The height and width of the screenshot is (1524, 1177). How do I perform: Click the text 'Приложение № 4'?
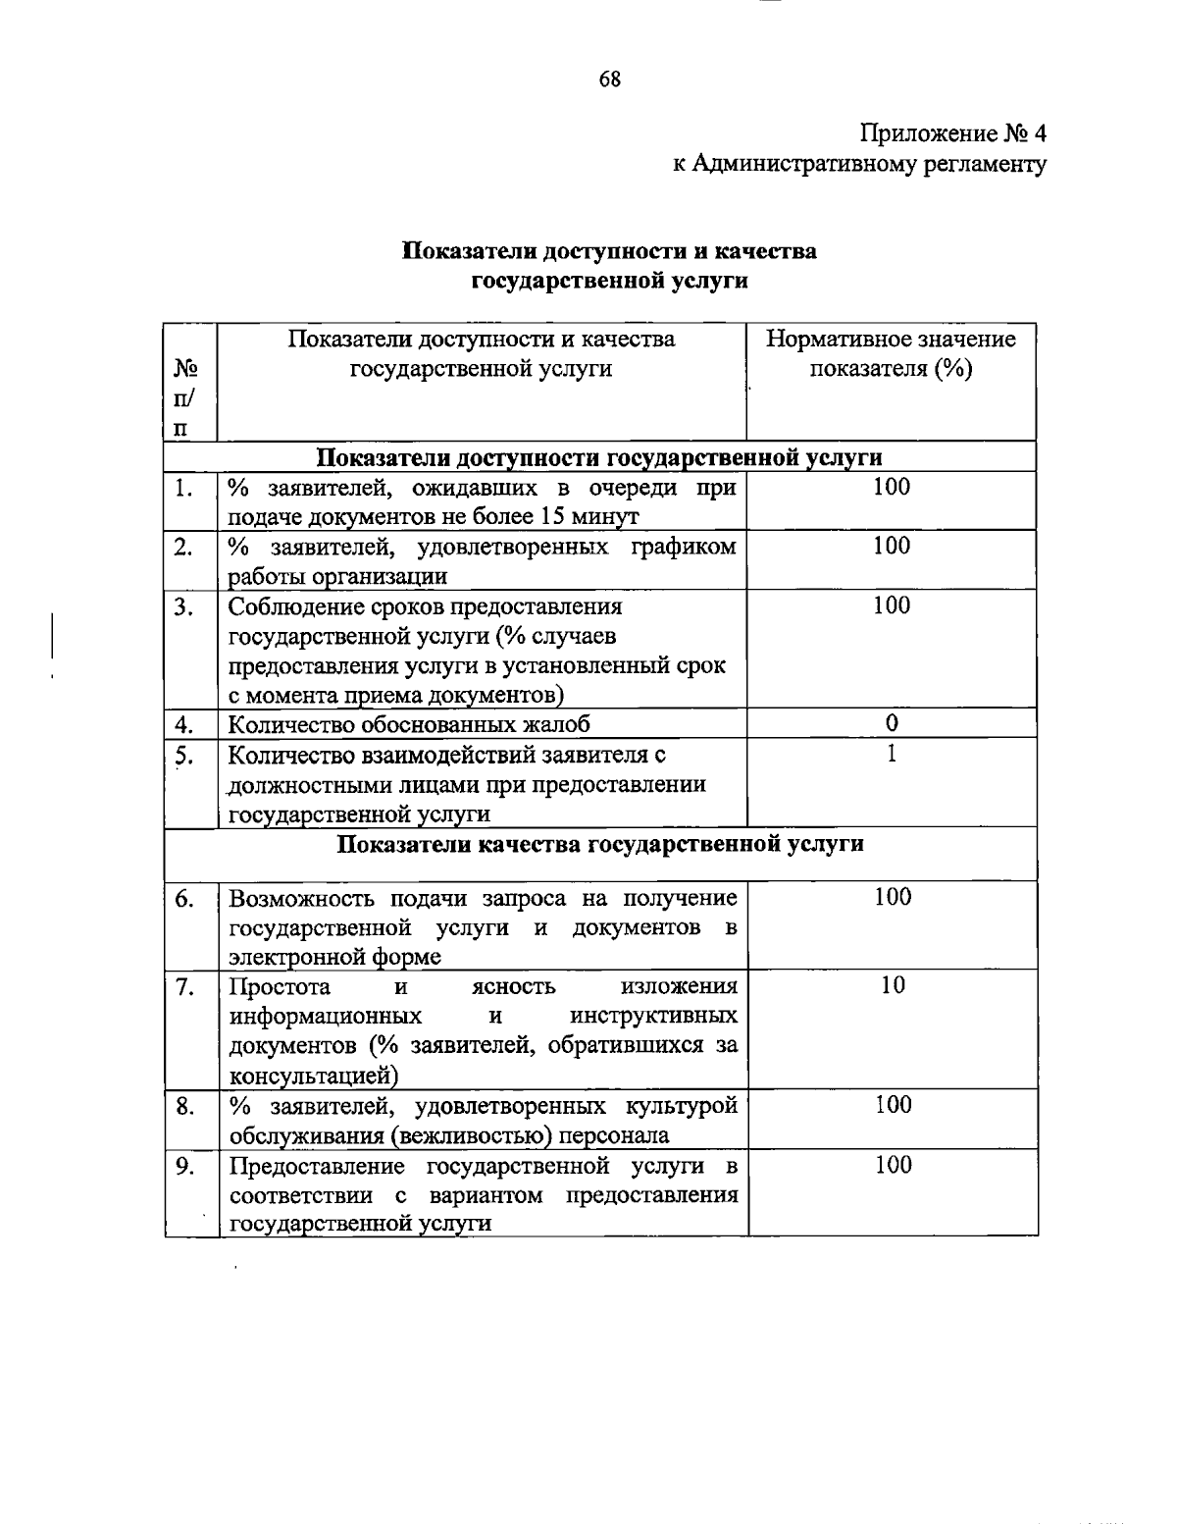tap(953, 132)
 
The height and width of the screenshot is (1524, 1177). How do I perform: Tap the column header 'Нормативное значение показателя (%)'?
tap(891, 354)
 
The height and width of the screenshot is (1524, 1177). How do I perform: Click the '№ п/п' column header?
tap(186, 397)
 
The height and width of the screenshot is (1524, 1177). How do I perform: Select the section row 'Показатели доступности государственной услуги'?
tap(599, 457)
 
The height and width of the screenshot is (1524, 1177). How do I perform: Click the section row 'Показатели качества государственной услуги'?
tap(600, 844)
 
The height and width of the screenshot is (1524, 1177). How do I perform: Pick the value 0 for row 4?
tap(892, 723)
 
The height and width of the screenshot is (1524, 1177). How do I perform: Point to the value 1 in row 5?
tap(892, 754)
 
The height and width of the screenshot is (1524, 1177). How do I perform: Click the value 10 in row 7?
tap(892, 985)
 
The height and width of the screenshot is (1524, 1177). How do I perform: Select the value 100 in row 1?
tap(892, 487)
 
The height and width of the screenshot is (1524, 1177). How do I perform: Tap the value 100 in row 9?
tap(893, 1165)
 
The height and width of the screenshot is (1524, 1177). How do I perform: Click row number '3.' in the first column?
tap(184, 606)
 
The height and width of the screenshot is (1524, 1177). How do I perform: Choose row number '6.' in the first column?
tap(184, 898)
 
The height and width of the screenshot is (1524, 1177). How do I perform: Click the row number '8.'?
tap(184, 1106)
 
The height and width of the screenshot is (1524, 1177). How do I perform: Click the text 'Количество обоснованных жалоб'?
tap(410, 724)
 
